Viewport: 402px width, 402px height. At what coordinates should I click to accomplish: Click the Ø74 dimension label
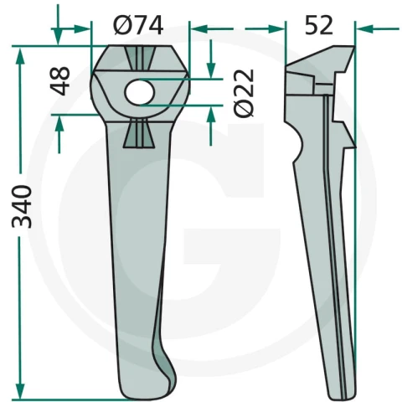coord(138,25)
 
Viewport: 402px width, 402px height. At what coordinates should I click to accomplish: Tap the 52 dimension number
coord(319,25)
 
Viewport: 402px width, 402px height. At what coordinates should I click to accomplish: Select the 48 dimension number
coord(59,81)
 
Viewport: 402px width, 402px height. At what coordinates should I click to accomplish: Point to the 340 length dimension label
coord(22,207)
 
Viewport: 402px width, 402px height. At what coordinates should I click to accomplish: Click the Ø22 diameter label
coord(244,93)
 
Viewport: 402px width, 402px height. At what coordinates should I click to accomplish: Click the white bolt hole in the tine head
coord(139,93)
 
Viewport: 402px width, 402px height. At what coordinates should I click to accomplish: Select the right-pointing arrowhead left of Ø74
coord(82,28)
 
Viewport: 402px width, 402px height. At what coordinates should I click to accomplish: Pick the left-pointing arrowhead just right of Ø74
coord(198,28)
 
